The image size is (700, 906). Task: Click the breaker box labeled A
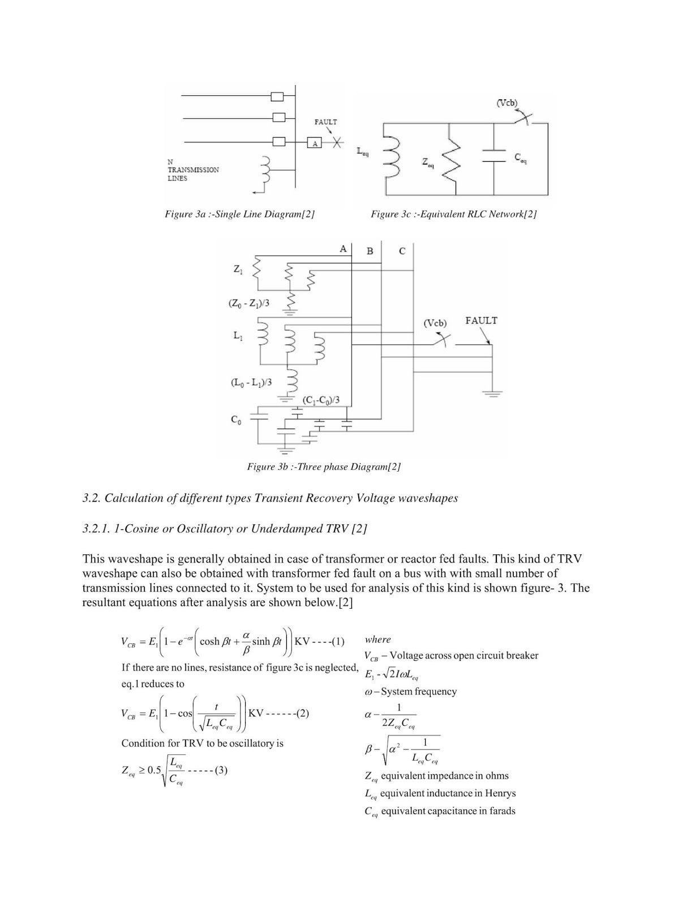[x=315, y=143]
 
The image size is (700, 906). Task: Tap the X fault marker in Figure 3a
[x=337, y=143]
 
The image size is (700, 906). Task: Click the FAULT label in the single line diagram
[x=325, y=122]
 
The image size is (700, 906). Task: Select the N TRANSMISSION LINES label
[x=193, y=170]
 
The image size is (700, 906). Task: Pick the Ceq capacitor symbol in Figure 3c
[x=493, y=159]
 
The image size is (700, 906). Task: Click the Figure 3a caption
[x=239, y=214]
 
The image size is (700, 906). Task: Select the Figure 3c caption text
[x=453, y=214]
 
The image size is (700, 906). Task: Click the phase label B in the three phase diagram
[x=370, y=251]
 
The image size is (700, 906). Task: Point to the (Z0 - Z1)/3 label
[x=249, y=304]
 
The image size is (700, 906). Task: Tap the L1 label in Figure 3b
[x=238, y=336]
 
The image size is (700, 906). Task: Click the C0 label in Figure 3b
[x=235, y=420]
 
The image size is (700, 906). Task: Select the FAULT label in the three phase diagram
[x=481, y=320]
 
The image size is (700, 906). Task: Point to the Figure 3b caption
[x=324, y=467]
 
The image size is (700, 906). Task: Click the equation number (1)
[x=338, y=642]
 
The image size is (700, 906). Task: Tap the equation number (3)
[x=221, y=770]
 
